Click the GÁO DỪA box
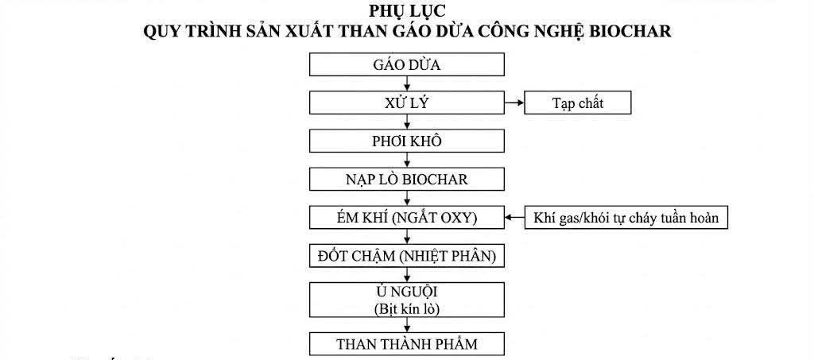click(406, 64)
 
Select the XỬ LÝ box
click(406, 103)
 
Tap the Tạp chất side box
click(576, 103)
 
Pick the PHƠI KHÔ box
click(406, 141)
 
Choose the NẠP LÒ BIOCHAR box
click(406, 179)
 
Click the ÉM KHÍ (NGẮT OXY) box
click(406, 217)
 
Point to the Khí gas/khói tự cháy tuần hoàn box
click(626, 217)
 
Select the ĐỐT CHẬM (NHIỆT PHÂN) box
click(406, 255)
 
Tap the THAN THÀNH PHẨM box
click(406, 344)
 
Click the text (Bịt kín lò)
click(406, 308)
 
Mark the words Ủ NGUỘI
click(406, 292)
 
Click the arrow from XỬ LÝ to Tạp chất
click(514, 103)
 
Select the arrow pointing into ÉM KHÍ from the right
click(514, 217)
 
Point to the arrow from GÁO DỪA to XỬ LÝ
click(406, 83)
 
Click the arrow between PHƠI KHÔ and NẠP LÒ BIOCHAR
click(406, 160)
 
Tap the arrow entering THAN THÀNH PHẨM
click(406, 325)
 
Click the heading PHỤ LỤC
click(406, 12)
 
